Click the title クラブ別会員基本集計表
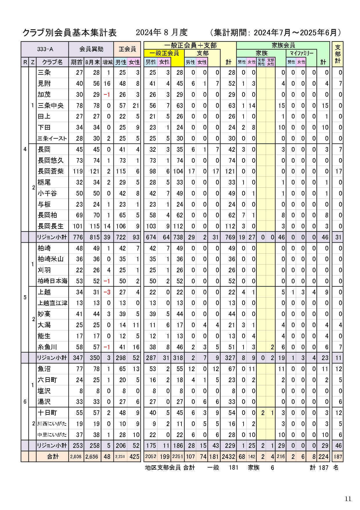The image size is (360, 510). (x=70, y=33)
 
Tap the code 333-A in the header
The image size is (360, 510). (x=45, y=49)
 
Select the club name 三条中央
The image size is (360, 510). (x=51, y=105)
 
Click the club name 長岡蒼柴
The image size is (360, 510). (x=51, y=171)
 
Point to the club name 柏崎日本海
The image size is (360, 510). (x=53, y=281)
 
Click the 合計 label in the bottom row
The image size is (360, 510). (x=53, y=457)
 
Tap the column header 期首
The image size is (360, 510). (x=76, y=62)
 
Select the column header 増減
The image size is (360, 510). (x=107, y=62)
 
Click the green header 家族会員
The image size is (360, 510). (x=283, y=45)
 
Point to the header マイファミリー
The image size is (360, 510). (x=302, y=53)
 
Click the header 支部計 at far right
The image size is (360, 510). (x=338, y=54)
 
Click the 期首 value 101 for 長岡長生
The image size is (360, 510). (x=78, y=226)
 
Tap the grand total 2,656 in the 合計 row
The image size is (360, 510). (x=92, y=457)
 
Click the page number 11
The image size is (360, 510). (x=348, y=499)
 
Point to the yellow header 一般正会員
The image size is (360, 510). (x=164, y=53)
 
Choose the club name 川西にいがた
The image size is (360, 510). (x=52, y=424)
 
